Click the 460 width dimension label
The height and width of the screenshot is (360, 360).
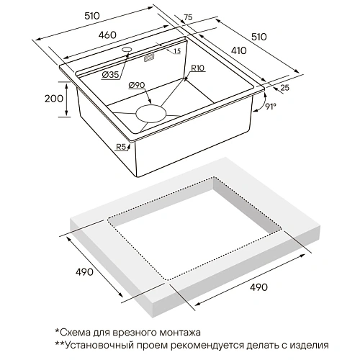click(x=107, y=35)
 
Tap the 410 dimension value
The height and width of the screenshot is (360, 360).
click(x=239, y=50)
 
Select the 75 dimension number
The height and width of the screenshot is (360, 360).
click(x=188, y=17)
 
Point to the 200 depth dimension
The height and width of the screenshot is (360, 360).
click(x=54, y=99)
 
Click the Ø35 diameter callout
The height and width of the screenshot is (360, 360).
click(x=110, y=75)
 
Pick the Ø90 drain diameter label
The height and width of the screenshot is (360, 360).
click(x=137, y=85)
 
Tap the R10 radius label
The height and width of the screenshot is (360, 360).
click(x=197, y=68)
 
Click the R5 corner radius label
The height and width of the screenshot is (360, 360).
click(x=121, y=147)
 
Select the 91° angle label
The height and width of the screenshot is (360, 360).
click(x=271, y=106)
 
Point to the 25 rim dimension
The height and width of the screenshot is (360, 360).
click(x=284, y=88)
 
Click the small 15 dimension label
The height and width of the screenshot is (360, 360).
click(x=177, y=51)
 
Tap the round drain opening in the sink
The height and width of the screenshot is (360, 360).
click(x=150, y=114)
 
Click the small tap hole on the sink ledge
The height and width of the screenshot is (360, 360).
click(x=127, y=50)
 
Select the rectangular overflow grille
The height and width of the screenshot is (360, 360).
click(x=149, y=58)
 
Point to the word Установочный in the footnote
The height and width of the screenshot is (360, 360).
click(x=99, y=346)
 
